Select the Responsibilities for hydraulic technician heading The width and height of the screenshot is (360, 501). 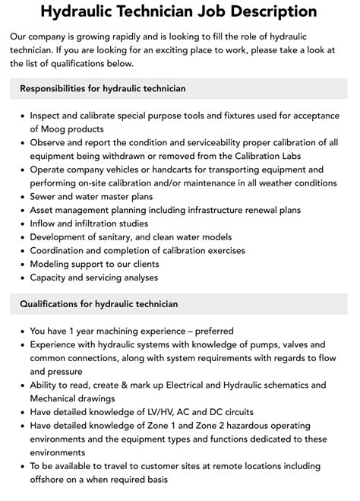(x=103, y=89)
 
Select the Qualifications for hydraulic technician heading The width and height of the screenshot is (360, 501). (x=99, y=304)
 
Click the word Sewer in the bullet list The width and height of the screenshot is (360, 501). (x=44, y=196)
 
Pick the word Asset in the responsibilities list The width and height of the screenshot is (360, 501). (x=43, y=210)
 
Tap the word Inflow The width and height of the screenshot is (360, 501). (x=45, y=224)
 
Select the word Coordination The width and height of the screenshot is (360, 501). (x=61, y=251)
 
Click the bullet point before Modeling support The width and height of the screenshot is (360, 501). (x=21, y=265)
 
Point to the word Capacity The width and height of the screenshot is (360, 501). (x=50, y=277)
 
